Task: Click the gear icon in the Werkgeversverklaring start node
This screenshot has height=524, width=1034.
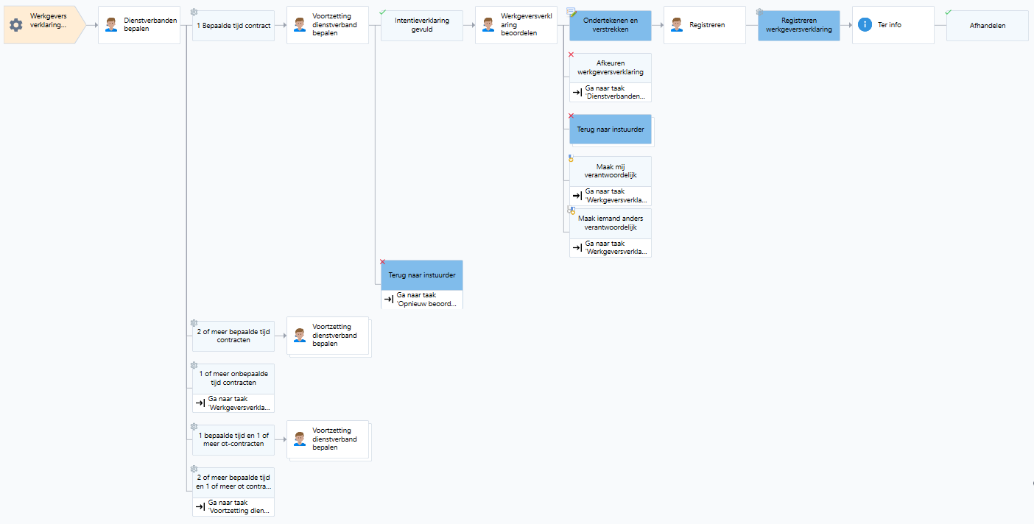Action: [16, 25]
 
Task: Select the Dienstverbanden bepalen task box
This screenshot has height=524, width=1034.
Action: [139, 25]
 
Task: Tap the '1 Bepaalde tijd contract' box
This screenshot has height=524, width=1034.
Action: [233, 26]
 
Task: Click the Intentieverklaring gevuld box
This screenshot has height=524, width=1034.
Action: [422, 25]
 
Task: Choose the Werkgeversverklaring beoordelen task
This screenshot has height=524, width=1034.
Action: [516, 25]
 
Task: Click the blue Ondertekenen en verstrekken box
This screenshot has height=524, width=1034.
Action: [611, 25]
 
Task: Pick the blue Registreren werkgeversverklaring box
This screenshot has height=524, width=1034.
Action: [798, 25]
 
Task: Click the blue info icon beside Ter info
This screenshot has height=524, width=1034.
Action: [865, 25]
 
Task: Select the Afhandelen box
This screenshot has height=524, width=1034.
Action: [988, 26]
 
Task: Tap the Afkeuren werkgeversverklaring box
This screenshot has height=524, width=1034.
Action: [611, 68]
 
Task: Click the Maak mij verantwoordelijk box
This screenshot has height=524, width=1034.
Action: [611, 171]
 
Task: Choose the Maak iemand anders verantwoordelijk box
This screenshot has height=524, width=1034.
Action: [611, 223]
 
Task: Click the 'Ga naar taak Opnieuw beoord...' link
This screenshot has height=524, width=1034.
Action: [422, 300]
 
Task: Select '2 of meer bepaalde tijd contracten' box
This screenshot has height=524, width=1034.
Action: [233, 336]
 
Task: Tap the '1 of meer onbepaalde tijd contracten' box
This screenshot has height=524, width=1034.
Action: [233, 379]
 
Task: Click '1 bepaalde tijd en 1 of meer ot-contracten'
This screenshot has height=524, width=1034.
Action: [233, 440]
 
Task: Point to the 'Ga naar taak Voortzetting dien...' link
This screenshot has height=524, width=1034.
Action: [233, 507]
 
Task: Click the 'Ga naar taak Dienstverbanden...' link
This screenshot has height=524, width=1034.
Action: [611, 92]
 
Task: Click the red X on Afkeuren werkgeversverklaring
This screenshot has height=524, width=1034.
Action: [571, 54]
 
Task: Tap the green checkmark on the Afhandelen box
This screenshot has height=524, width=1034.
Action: [948, 13]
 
